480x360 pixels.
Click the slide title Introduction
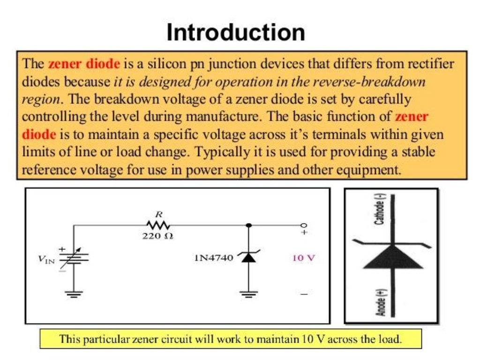(236, 33)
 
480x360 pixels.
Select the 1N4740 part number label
(213, 257)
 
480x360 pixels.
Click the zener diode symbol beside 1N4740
(248, 257)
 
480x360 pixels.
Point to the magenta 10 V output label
(303, 258)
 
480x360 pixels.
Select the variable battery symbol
(74, 257)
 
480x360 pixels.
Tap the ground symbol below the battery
(74, 294)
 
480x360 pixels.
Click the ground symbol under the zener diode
(248, 294)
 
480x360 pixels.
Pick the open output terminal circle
(304, 225)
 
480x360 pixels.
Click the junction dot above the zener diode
(248, 225)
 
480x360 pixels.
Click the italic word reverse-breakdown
(370, 82)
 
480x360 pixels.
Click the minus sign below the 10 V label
(304, 294)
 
